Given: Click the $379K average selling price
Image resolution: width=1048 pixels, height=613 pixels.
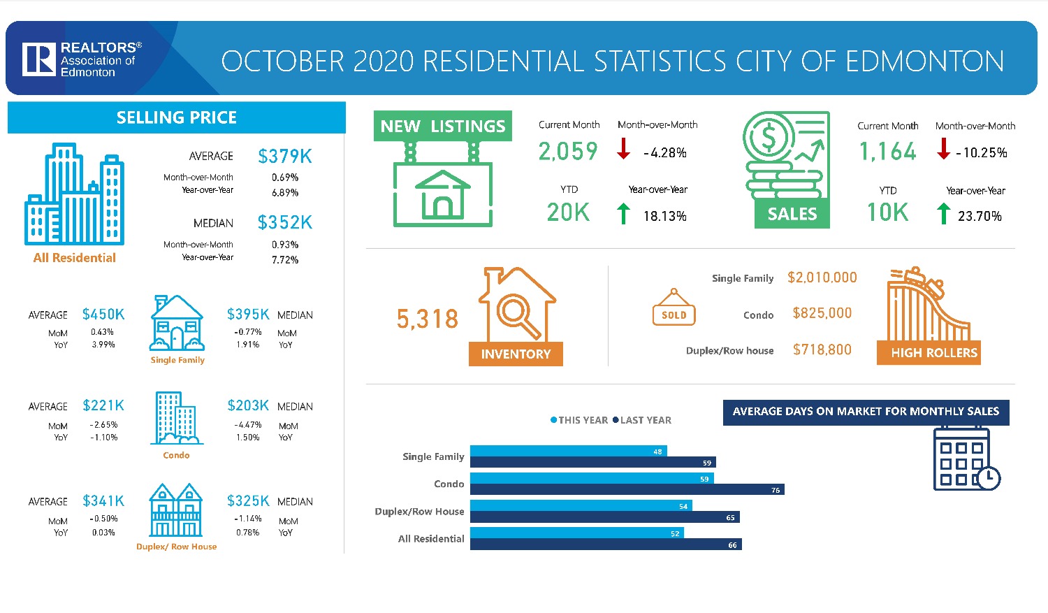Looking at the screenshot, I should (x=284, y=157).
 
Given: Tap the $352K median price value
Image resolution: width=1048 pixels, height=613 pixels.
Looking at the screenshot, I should (x=284, y=223).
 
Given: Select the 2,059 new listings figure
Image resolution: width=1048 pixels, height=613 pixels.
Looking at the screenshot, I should (x=568, y=152).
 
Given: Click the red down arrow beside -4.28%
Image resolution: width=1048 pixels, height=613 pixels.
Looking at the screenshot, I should (x=623, y=148).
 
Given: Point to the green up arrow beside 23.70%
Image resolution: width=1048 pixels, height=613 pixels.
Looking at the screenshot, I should (x=943, y=213).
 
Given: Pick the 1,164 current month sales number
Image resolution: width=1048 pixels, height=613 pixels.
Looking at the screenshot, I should (x=887, y=152).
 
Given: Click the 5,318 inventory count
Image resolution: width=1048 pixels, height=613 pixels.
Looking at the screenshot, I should (x=428, y=319).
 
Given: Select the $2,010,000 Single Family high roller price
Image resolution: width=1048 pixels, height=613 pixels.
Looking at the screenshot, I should (x=822, y=277).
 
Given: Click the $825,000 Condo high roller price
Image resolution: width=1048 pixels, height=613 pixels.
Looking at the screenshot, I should (x=822, y=313).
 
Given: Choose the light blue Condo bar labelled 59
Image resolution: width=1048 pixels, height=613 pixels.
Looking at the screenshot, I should (x=591, y=479).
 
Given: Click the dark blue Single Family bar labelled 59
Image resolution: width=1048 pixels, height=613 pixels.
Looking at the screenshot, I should (x=592, y=463).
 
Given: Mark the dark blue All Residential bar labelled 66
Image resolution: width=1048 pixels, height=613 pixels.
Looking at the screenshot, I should (x=605, y=545).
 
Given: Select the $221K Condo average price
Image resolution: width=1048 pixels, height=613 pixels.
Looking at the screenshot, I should (x=103, y=405).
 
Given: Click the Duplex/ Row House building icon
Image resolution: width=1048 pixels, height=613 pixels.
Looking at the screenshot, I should (x=176, y=510).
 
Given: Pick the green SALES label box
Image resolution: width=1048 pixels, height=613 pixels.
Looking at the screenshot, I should (x=792, y=214).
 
